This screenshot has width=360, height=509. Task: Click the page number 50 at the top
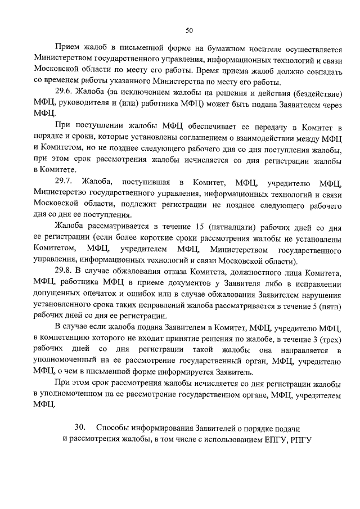click(x=189, y=30)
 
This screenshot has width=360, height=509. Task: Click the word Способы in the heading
click(x=115, y=429)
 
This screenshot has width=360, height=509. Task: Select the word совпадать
click(x=319, y=71)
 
